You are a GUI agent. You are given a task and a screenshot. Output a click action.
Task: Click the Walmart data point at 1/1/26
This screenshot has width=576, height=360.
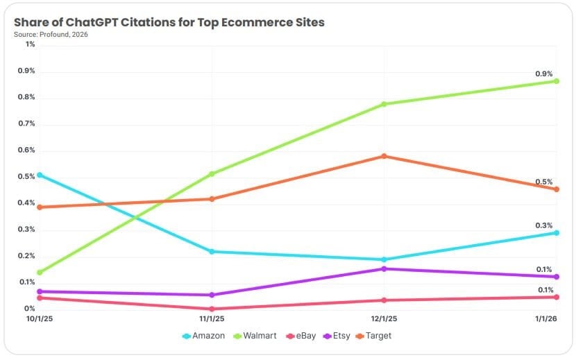point(556,81)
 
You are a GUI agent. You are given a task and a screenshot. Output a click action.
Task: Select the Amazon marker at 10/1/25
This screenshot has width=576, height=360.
point(40,175)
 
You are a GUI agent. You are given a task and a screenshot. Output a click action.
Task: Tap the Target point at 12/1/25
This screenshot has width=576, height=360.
point(384,156)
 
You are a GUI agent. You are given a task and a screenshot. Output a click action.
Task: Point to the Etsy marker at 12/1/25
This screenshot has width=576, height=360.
point(384,268)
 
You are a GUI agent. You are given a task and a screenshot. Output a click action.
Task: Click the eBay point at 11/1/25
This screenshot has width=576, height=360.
point(212,309)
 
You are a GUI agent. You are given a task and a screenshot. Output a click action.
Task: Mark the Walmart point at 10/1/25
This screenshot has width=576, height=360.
point(40,273)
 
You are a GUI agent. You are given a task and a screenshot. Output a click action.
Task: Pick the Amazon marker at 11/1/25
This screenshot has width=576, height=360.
point(212,251)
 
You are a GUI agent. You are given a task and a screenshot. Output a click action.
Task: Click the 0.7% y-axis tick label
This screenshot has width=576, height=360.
point(26,123)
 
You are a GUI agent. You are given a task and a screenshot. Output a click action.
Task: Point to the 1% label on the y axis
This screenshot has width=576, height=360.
point(30,44)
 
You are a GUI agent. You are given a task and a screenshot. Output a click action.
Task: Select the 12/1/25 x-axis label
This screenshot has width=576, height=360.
point(384,319)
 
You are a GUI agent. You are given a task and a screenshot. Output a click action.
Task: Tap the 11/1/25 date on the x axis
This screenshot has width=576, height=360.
point(212,319)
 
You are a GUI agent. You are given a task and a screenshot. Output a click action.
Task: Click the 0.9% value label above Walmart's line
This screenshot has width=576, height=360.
point(543,74)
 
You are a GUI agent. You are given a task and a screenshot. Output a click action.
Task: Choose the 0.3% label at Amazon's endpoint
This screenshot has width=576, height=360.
point(543,225)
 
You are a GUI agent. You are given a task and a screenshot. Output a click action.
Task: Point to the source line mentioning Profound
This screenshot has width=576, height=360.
point(51,34)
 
